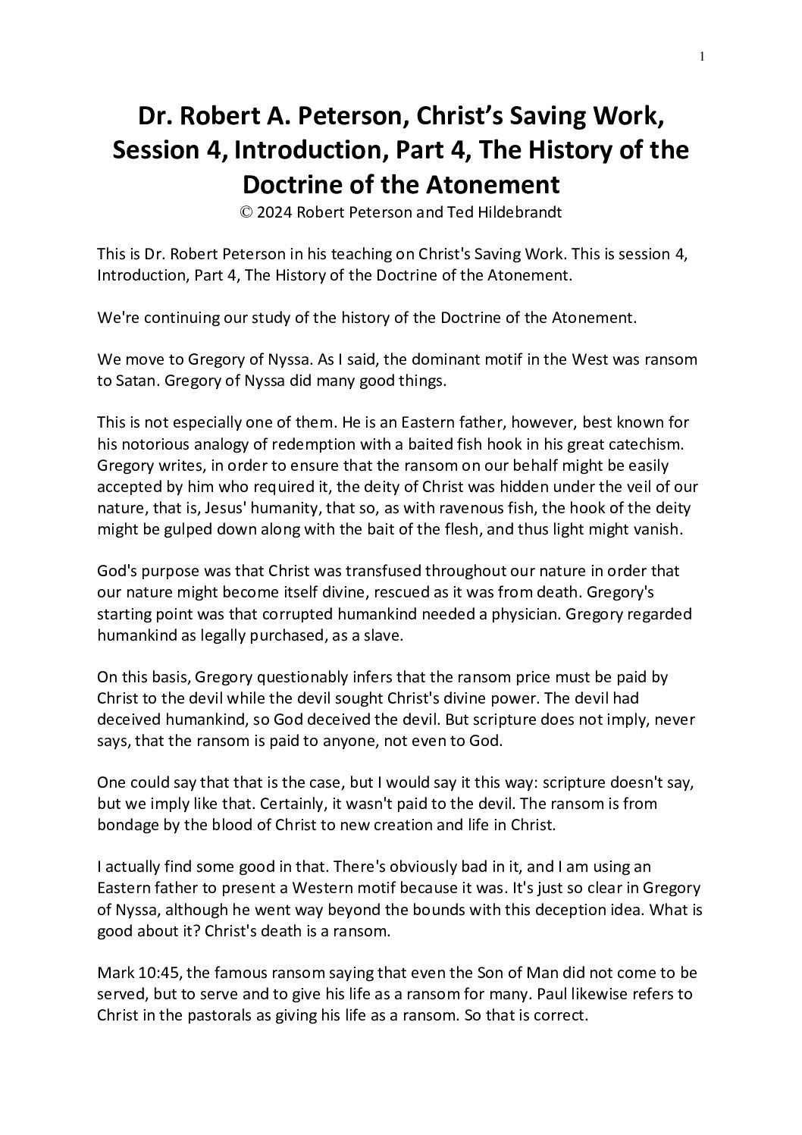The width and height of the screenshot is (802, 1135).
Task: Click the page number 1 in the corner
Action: (x=703, y=56)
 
